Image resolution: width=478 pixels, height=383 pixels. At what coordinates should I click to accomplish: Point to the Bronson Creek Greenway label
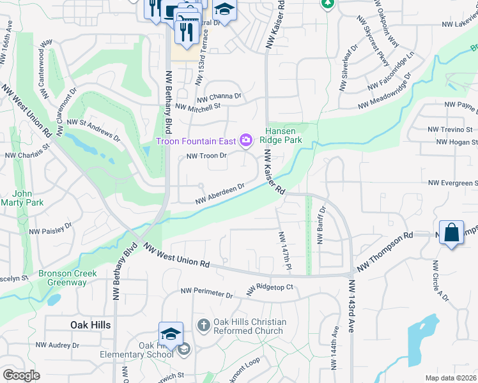[x=67, y=278]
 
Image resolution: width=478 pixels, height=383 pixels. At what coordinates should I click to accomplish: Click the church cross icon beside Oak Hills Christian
[x=203, y=326]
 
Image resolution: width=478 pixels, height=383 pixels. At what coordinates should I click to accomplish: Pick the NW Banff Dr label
[x=321, y=225]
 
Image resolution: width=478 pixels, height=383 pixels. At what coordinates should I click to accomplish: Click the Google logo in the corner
[x=21, y=375]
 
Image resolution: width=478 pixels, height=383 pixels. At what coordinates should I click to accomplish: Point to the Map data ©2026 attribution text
[x=451, y=378]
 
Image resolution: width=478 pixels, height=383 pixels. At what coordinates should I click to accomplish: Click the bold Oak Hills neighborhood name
[x=89, y=325]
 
